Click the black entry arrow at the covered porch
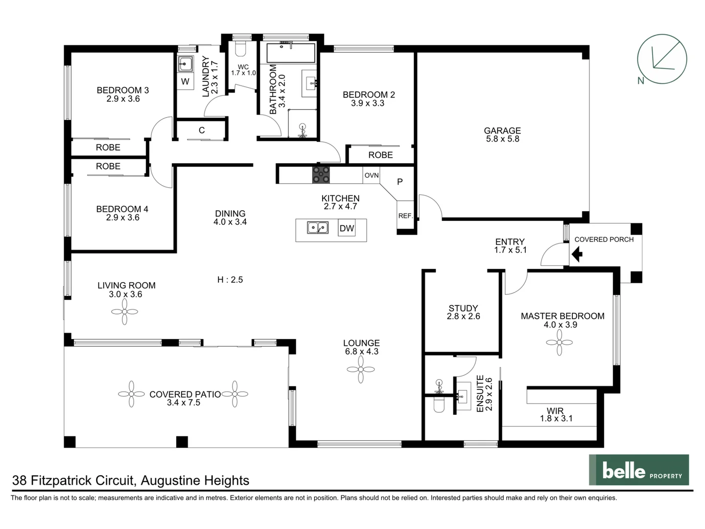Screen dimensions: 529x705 click(577, 254)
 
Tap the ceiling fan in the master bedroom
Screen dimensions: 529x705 click(559, 342)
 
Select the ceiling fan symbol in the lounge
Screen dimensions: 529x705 click(361, 369)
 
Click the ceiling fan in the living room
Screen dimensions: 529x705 click(124, 312)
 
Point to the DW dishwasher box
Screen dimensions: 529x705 click(347, 228)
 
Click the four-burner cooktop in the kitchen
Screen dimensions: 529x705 click(321, 175)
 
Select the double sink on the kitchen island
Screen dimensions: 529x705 click(318, 228)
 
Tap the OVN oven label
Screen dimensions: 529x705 click(371, 175)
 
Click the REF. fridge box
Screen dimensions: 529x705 click(405, 216)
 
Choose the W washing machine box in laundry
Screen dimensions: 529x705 click(185, 81)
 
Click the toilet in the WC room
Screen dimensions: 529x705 click(240, 48)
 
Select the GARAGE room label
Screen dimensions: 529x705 click(502, 131)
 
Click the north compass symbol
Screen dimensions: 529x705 click(661, 59)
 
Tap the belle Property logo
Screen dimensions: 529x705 click(639, 470)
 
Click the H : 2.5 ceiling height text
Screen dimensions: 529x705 click(230, 280)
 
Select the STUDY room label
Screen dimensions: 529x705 click(463, 308)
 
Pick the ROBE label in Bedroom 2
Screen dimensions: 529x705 click(380, 155)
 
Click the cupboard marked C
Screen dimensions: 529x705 click(201, 130)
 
